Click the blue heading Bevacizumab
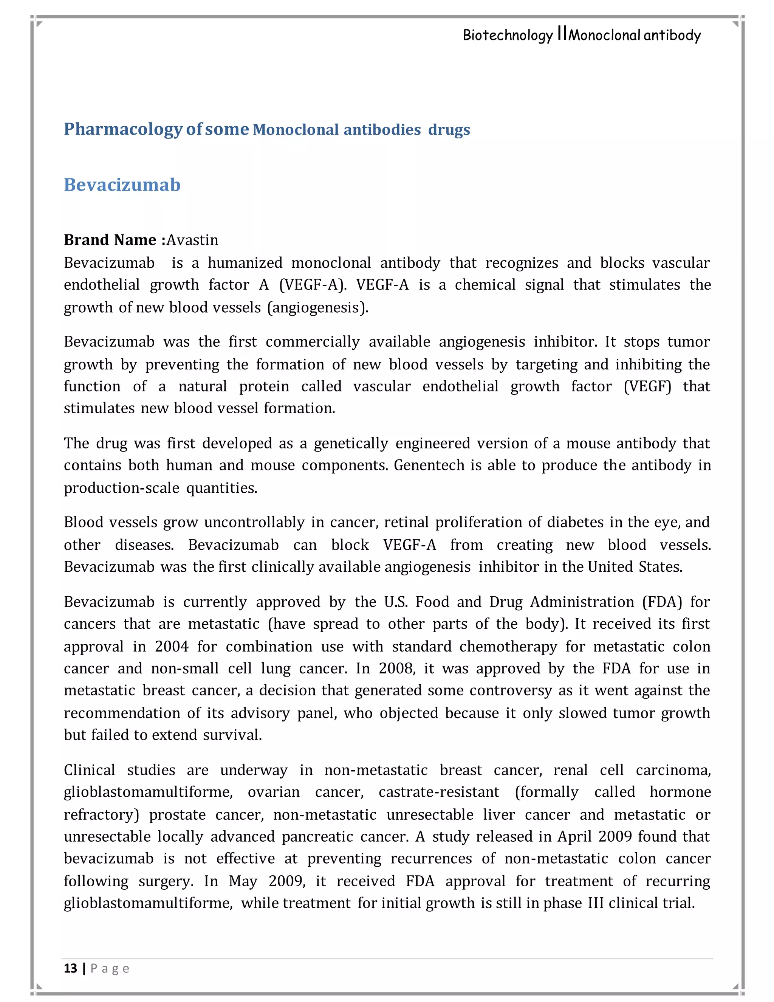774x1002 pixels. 122,185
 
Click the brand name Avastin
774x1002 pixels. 192,240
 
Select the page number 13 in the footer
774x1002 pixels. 71,968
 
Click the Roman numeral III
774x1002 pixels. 596,903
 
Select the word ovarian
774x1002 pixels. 273,792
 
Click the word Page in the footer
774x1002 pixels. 110,968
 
